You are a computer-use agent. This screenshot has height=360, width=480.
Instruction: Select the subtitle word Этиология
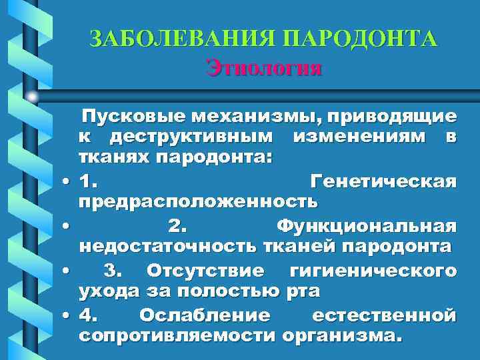pyautogui.click(x=265, y=68)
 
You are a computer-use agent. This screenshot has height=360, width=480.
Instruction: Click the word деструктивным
pyautogui.click(x=193, y=138)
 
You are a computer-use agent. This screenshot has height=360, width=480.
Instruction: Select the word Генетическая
pyautogui.click(x=383, y=181)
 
